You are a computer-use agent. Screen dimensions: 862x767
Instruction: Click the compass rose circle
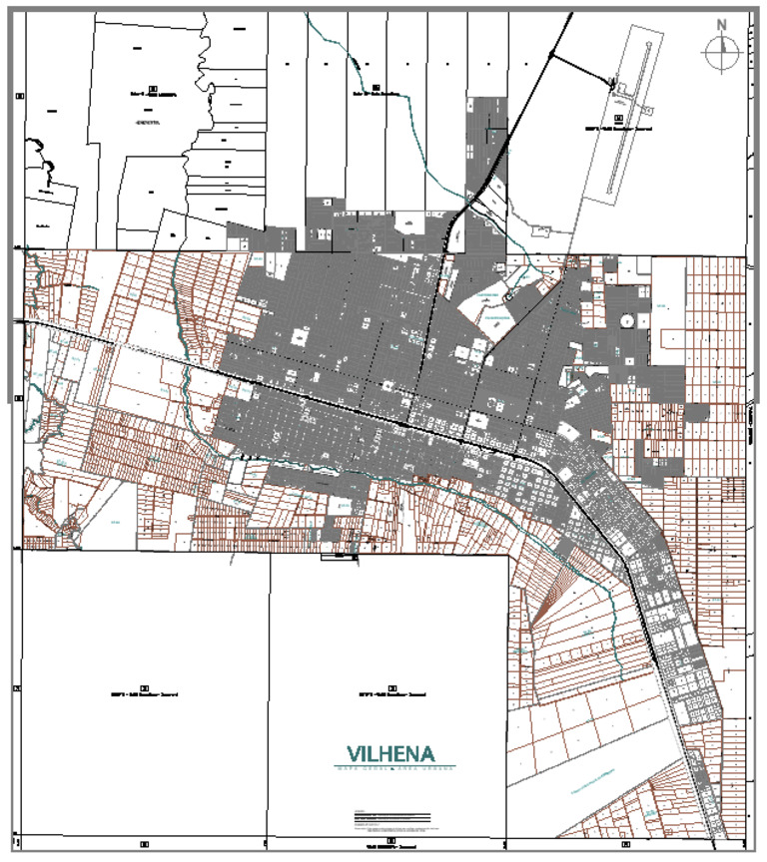coord(721,53)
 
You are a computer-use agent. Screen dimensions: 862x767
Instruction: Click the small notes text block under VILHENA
coord(393,821)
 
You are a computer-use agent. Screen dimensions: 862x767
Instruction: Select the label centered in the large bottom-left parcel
coord(144,691)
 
